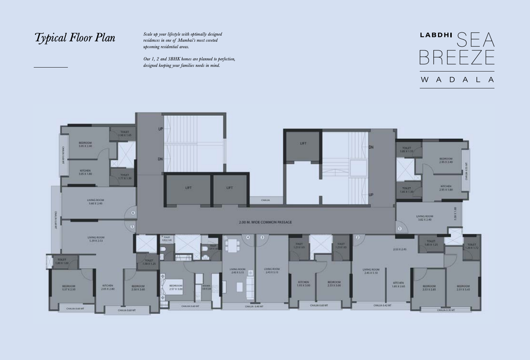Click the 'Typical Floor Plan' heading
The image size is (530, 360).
click(x=75, y=38)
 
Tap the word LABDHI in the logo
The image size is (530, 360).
click(x=436, y=35)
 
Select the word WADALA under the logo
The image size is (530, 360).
click(x=457, y=79)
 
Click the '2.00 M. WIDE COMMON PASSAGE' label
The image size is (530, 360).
click(x=265, y=222)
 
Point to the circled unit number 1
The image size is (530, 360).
click(x=400, y=229)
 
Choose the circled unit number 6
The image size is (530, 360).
click(x=133, y=213)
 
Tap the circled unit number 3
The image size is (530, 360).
click(x=262, y=237)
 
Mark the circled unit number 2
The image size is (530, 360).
click(x=358, y=237)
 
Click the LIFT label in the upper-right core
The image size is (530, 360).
click(x=303, y=143)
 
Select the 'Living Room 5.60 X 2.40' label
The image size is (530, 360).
click(x=96, y=202)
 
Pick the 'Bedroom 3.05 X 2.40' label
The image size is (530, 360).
click(x=85, y=144)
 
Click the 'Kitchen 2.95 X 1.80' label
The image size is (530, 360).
click(x=446, y=188)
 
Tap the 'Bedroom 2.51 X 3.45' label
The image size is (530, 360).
click(x=463, y=288)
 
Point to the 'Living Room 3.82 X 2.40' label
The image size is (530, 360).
click(x=424, y=218)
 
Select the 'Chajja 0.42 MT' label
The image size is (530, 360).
click(x=382, y=305)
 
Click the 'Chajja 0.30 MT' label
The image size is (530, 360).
click(x=446, y=310)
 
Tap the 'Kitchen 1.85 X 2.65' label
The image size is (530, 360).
click(x=398, y=285)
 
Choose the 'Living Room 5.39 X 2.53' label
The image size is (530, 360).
click(x=96, y=239)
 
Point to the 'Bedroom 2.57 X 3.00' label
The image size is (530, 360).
click(x=176, y=287)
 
